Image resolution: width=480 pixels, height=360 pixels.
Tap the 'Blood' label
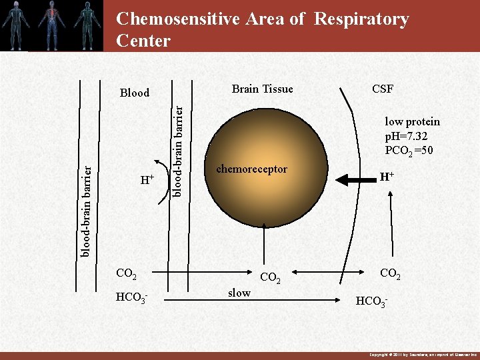coord(134,93)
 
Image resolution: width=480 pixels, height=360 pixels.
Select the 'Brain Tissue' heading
coord(262,89)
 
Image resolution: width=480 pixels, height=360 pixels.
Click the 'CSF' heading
coord(383,89)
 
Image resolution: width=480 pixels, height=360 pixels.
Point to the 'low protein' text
coord(412,121)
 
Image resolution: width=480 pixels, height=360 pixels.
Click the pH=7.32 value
coord(407,136)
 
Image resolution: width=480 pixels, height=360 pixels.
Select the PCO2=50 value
coord(409,151)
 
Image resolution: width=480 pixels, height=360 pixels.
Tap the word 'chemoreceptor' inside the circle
coord(251,169)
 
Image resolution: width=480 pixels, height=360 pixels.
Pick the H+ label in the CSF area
coord(386,177)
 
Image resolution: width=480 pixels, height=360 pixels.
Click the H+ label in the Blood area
coord(147,180)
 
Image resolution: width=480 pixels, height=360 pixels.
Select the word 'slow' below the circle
coord(239,293)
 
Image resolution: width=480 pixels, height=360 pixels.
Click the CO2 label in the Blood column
coord(126,273)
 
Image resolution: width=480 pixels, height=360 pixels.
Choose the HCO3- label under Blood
coord(130,296)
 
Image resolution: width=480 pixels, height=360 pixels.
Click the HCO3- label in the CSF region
coord(371,301)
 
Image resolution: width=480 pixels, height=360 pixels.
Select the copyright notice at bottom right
coord(419,355)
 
